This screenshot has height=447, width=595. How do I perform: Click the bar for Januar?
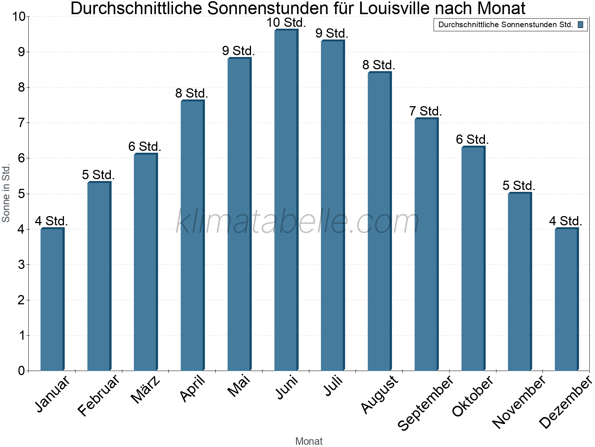[x=52, y=299]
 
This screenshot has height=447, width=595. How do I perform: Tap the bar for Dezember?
[x=566, y=299]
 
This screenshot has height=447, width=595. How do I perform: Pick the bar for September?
[x=426, y=244]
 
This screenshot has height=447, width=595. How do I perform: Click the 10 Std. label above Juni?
[x=286, y=23]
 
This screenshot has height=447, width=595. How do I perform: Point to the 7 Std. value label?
[x=425, y=111]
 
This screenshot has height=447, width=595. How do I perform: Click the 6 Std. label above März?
[x=145, y=146]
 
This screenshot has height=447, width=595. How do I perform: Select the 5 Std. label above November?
[x=519, y=186]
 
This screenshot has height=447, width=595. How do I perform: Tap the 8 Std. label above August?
[x=379, y=65]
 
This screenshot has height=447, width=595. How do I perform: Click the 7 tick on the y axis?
[x=21, y=123]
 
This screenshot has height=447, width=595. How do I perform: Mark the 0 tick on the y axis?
[x=21, y=371]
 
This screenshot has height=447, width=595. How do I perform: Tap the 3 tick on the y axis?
[x=21, y=265]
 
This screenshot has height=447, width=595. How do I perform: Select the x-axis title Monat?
[x=309, y=441]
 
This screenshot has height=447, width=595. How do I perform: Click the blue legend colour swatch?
[x=580, y=25]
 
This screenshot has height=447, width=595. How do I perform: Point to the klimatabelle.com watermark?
[x=297, y=222]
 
